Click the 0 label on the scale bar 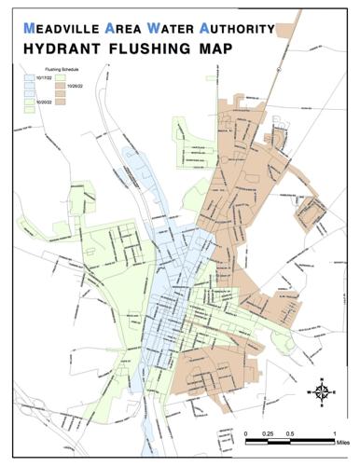246,433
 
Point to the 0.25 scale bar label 268,433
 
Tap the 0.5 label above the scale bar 290,433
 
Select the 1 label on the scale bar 333,433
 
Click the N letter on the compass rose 321,380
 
